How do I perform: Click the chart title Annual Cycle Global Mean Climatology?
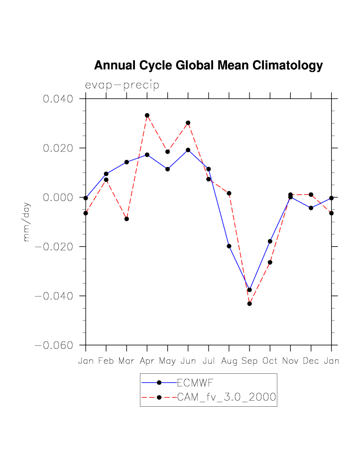(208, 65)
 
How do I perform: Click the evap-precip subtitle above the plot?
(122, 85)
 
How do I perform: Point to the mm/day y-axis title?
(26, 222)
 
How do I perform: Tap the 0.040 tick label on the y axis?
(58, 99)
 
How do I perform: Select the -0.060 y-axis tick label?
(54, 345)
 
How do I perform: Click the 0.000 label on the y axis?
(58, 197)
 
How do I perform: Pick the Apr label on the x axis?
(147, 361)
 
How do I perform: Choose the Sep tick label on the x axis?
(249, 361)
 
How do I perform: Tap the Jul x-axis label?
(209, 361)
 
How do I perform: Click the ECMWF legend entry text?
(195, 382)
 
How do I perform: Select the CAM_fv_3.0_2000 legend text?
(227, 397)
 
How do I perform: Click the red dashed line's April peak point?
(147, 115)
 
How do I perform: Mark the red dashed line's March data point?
(126, 219)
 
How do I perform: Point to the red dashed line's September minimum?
(249, 304)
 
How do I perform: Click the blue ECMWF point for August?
(229, 246)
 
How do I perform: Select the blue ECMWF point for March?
(126, 162)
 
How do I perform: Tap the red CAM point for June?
(188, 123)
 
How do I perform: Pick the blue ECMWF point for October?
(270, 241)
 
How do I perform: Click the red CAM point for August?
(229, 193)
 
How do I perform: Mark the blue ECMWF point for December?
(311, 208)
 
